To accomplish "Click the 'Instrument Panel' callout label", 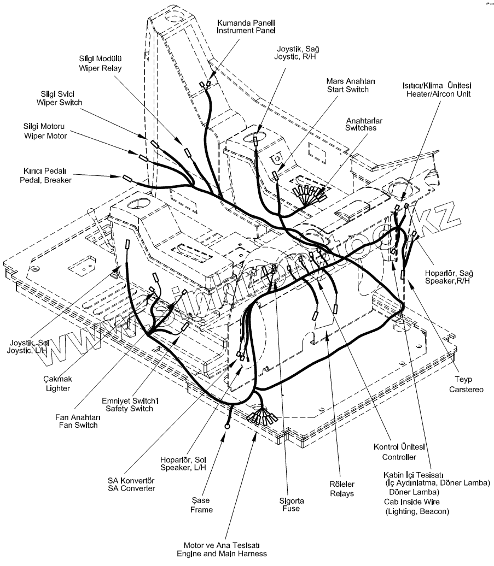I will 245,31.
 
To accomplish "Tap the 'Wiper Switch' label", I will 60,102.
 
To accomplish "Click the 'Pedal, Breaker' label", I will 45,180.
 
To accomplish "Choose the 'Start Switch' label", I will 347,89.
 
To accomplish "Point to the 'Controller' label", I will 399,457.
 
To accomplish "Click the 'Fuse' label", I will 289,509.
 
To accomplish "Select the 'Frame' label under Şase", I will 201,510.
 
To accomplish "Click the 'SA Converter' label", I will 131,488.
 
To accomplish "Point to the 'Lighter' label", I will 58,388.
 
